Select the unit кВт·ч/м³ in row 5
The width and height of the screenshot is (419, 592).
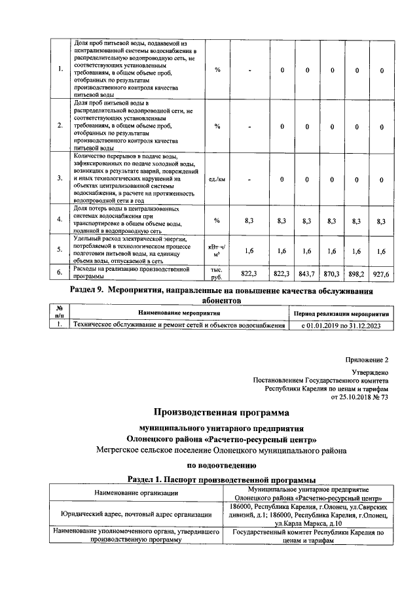coord(217,250)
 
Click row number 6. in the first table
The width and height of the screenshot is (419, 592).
coord(60,271)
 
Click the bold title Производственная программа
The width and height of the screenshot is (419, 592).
coord(221,413)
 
